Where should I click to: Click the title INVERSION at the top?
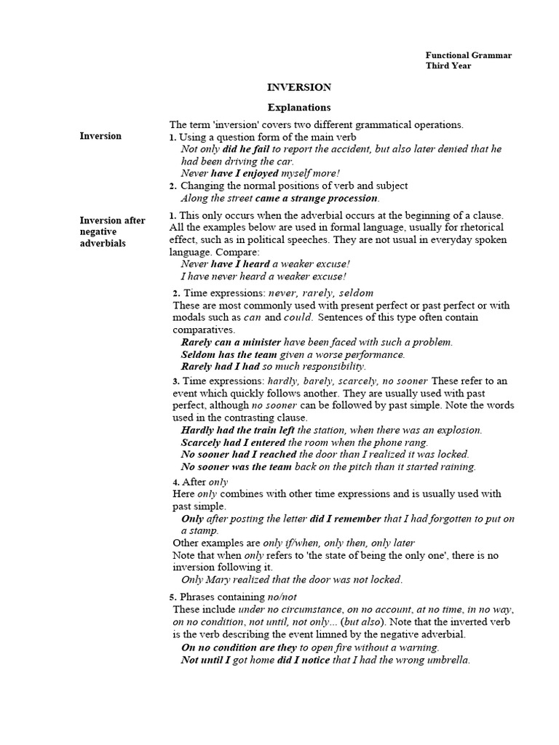298,87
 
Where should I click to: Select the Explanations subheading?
298,107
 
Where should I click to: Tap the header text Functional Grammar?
468,55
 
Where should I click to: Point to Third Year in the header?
448,66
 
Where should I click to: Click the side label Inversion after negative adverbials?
112,231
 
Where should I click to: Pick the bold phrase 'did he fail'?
247,149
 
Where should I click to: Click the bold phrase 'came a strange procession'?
317,198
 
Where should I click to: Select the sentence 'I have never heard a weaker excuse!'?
263,276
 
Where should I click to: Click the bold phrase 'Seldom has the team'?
229,354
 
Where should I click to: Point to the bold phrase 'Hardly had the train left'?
237,430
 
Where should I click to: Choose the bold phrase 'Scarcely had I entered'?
233,442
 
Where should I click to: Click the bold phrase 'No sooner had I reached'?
239,455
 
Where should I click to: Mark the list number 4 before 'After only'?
175,482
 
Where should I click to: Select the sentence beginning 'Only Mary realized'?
291,580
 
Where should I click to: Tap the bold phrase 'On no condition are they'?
239,647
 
